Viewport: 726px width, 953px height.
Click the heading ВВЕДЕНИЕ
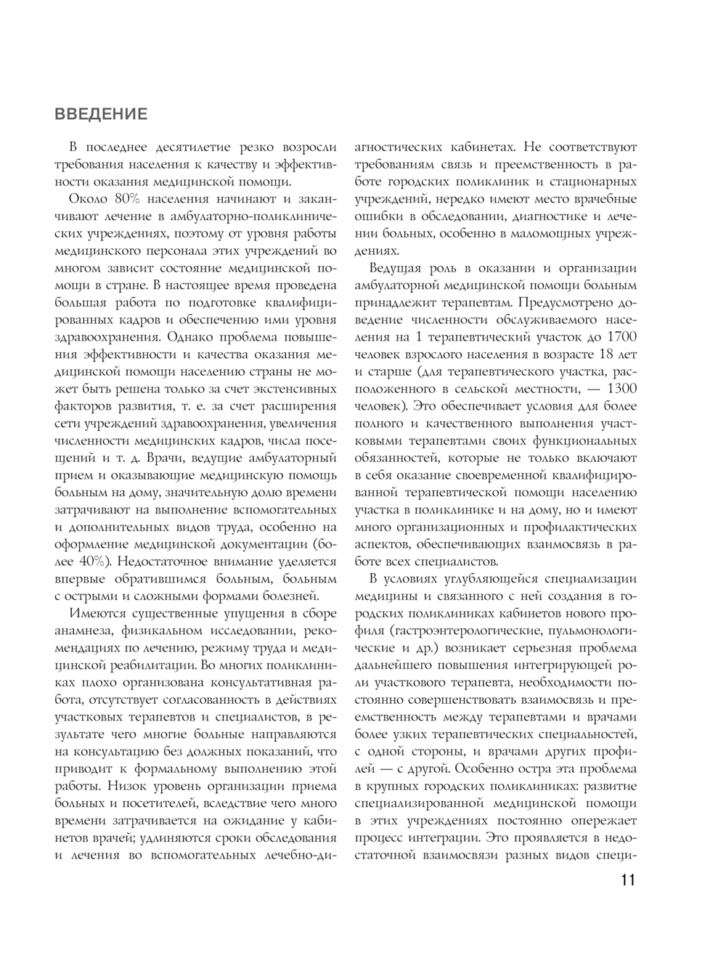click(101, 115)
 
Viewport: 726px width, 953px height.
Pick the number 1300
click(620, 388)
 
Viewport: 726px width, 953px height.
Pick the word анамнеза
click(84, 630)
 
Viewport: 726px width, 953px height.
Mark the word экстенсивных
click(299, 388)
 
